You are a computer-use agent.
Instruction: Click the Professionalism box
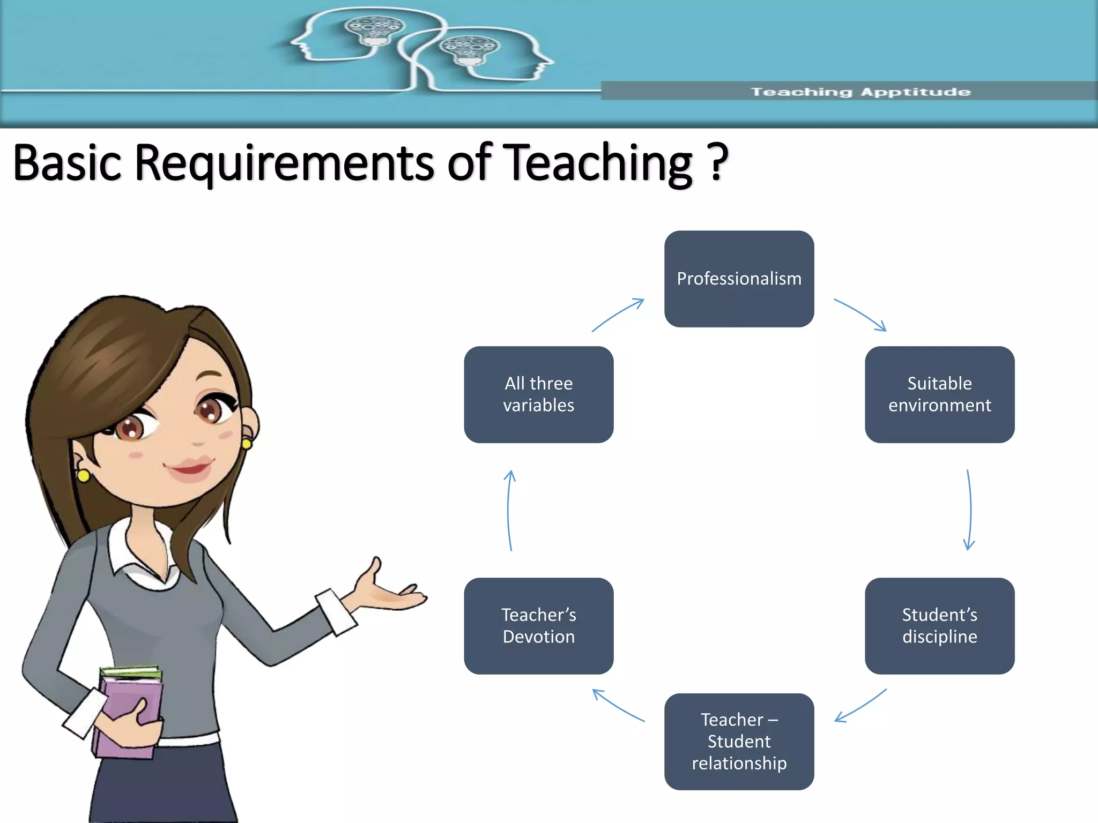(x=739, y=279)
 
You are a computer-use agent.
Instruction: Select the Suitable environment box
(x=939, y=394)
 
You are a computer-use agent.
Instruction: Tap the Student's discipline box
(x=939, y=625)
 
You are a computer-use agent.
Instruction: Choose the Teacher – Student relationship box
(x=739, y=741)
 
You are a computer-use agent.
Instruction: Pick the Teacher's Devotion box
(x=538, y=625)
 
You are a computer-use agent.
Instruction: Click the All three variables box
(x=538, y=394)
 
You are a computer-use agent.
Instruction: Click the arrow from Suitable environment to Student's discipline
(x=970, y=510)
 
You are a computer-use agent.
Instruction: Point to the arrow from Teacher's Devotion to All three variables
(x=509, y=510)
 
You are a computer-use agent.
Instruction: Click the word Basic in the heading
(x=67, y=162)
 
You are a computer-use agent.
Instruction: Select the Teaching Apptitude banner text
(x=860, y=92)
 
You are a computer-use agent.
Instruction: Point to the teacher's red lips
(x=190, y=467)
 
